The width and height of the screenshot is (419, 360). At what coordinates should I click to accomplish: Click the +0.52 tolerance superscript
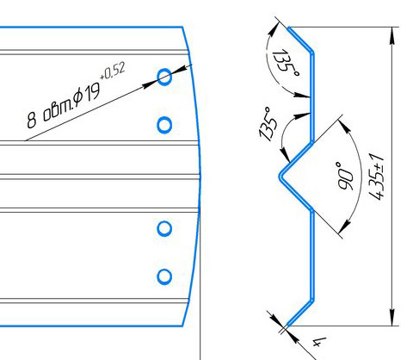point(113,71)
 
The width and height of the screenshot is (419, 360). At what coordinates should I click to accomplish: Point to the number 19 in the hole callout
point(92,91)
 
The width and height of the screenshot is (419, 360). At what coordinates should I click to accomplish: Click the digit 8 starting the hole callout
point(32,120)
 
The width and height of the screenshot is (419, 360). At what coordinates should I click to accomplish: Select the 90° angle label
point(345,176)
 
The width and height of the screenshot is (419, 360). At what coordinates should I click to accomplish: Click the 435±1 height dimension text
point(376,176)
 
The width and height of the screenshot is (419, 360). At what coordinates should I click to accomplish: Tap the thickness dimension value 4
point(318,342)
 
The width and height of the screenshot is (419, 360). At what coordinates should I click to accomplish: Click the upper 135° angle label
point(285,63)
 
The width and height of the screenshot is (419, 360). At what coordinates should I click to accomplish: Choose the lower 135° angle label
point(268,124)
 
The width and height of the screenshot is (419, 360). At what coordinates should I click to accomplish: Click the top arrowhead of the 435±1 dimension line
point(392,35)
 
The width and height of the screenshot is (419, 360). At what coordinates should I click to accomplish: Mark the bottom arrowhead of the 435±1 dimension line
point(392,318)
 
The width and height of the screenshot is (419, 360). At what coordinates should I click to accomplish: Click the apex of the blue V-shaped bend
point(280,176)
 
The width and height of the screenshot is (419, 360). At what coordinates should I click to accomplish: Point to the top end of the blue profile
point(289,28)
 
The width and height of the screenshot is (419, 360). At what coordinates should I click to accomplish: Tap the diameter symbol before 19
point(78,97)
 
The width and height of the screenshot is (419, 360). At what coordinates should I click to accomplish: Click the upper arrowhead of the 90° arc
point(345,125)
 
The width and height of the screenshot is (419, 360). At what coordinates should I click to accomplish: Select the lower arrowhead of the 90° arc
point(344,227)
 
